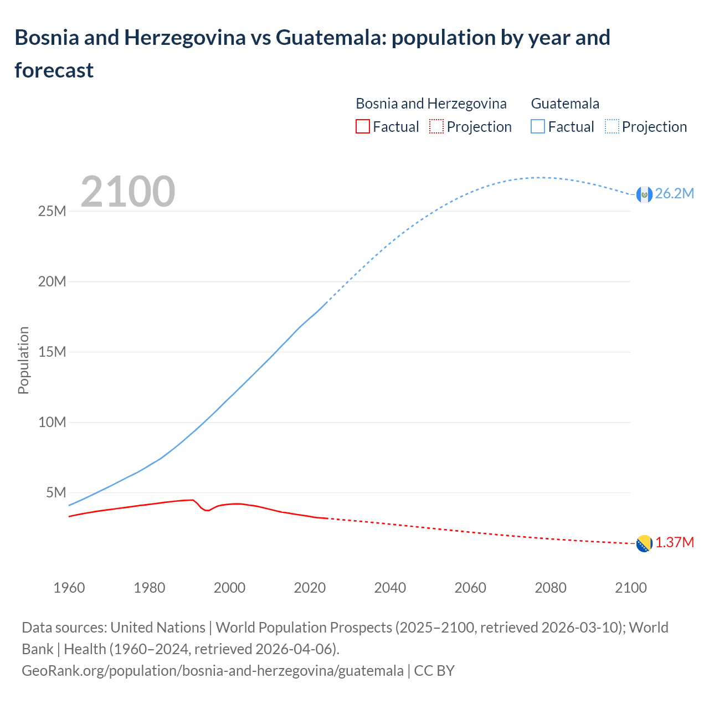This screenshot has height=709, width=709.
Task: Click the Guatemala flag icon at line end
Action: (644, 194)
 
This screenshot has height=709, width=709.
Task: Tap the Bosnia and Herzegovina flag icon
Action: (644, 543)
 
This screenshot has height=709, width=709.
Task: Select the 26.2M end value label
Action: (674, 193)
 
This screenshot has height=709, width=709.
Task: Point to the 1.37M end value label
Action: (674, 542)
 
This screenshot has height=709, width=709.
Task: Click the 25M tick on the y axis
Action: (52, 211)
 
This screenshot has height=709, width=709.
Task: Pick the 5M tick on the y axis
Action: (56, 492)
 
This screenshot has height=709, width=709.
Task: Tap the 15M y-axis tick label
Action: (52, 352)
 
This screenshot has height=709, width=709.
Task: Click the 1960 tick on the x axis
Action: (69, 588)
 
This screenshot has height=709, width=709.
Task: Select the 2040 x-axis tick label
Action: (390, 588)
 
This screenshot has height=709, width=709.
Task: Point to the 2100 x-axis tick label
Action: (631, 588)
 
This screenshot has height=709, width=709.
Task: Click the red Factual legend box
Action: (362, 126)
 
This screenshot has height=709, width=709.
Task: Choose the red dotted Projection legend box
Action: (436, 126)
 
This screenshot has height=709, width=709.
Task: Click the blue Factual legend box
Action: (537, 126)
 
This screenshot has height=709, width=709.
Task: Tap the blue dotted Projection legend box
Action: (612, 126)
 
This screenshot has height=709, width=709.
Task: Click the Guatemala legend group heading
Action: (565, 104)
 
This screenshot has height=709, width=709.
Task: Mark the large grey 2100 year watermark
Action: (128, 192)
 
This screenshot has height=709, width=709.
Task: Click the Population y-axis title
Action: (23, 360)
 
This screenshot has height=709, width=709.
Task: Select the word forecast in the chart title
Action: (54, 70)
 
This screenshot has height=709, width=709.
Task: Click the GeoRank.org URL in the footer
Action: (212, 670)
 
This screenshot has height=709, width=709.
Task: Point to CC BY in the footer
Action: (434, 670)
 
